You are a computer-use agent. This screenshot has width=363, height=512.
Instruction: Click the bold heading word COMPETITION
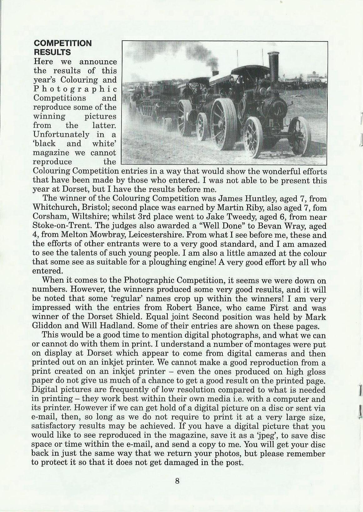(x=62, y=43)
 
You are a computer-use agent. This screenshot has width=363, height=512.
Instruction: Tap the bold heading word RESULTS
(x=52, y=52)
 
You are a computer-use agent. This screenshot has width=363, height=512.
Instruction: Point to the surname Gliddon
(x=47, y=326)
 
